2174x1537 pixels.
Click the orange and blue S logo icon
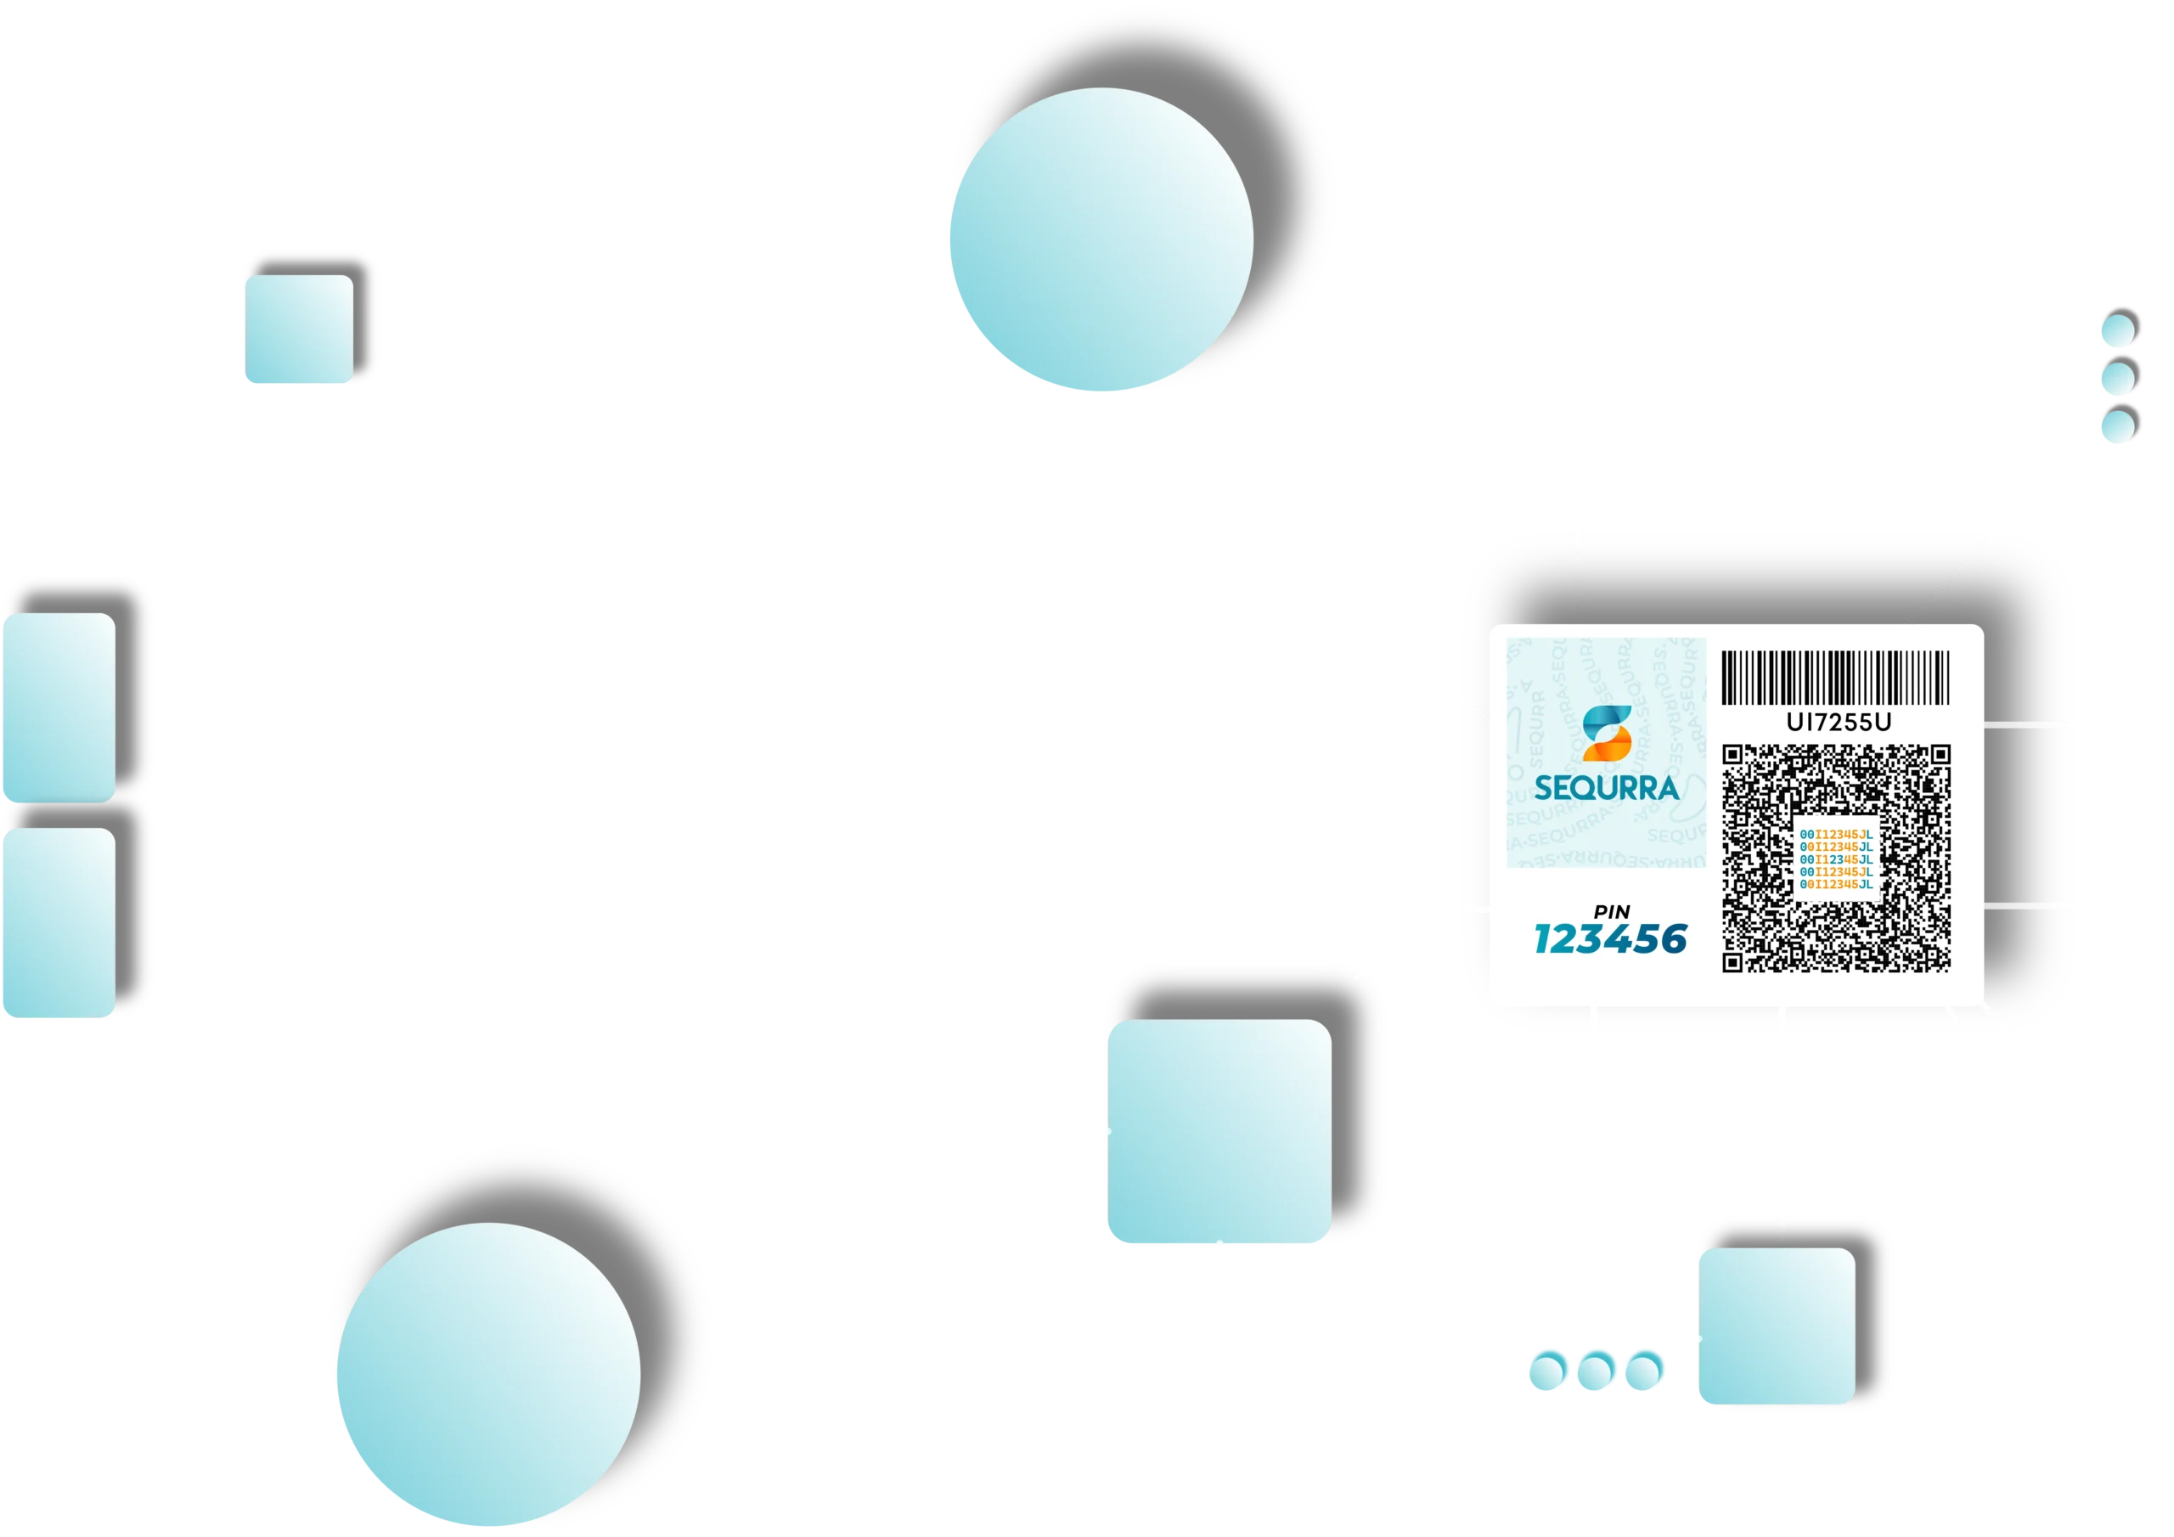click(1607, 734)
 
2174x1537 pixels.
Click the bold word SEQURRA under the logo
click(1606, 788)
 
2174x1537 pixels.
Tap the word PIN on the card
click(1612, 912)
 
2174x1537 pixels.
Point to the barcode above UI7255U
click(1835, 677)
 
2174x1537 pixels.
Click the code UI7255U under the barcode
click(1838, 723)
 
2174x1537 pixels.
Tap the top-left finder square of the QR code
click(1732, 755)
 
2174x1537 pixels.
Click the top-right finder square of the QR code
click(1940, 755)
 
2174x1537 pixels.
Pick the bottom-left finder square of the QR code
click(1732, 962)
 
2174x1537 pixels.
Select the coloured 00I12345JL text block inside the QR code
click(1836, 859)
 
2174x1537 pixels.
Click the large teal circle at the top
click(1101, 240)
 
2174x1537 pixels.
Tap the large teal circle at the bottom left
click(488, 1374)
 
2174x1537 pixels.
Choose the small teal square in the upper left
click(299, 329)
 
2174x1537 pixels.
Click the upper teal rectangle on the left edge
click(58, 707)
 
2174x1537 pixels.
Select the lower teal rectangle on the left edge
click(58, 922)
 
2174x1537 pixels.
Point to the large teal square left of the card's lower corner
click(1219, 1132)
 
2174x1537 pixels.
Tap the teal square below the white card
click(1777, 1326)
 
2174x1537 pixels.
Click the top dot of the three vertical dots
click(2117, 332)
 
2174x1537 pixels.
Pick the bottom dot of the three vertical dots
click(2117, 429)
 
